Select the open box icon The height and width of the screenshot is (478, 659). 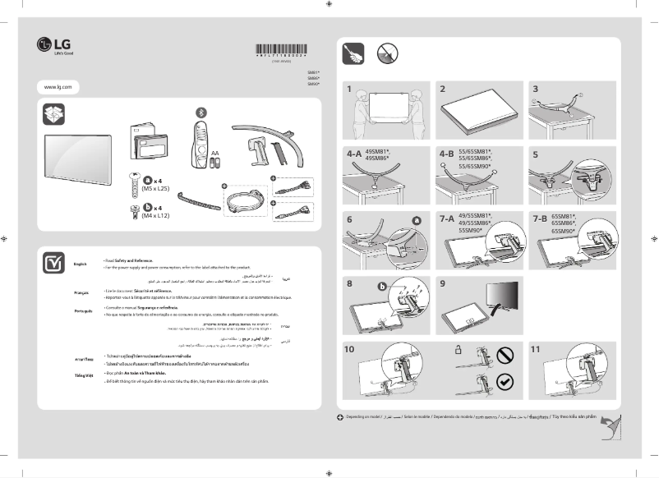point(53,115)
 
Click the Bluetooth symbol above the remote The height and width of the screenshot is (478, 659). point(197,112)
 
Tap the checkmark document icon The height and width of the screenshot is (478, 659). point(53,262)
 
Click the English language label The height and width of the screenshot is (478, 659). point(80,264)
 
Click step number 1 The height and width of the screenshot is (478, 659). point(349,88)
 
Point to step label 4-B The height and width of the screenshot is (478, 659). point(446,154)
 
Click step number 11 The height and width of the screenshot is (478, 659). point(536,349)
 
